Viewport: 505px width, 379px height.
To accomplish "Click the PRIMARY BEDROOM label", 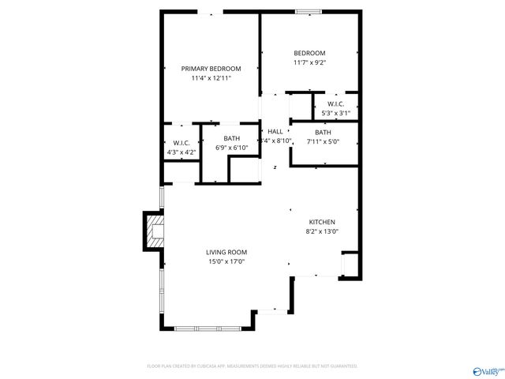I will coord(211,69).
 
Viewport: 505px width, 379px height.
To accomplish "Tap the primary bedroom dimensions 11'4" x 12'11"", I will coord(211,78).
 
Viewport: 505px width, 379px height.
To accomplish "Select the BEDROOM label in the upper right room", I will coord(309,53).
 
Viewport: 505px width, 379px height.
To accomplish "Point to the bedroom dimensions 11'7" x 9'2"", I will coord(309,62).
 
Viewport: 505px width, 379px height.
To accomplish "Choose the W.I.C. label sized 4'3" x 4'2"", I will coord(181,143).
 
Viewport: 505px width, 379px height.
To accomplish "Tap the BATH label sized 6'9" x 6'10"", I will coord(231,138).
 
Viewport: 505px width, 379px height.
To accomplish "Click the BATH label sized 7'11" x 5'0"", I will coord(323,133).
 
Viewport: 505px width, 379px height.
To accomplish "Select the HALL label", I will coord(275,131).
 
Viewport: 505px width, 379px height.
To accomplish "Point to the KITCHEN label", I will coord(322,222).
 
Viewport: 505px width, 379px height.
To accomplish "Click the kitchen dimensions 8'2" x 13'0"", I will coord(322,231).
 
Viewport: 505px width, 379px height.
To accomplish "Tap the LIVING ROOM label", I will coord(227,252).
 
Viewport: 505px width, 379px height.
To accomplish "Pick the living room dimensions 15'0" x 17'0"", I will coord(227,261).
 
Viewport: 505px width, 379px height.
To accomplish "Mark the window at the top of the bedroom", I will coord(309,12).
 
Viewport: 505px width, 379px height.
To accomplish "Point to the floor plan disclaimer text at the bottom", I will coord(252,366).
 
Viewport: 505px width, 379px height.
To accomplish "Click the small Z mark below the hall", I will coord(275,167).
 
